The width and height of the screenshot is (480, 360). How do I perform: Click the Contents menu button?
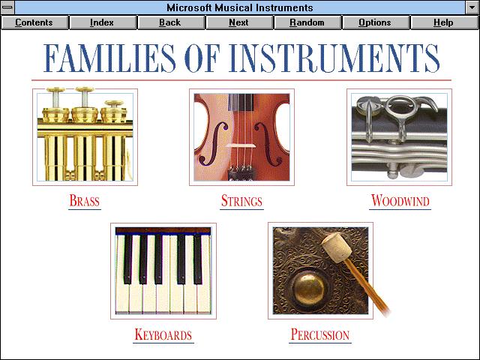[34, 22]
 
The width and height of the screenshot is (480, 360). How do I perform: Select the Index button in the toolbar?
[103, 22]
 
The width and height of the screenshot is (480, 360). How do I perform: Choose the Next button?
[239, 22]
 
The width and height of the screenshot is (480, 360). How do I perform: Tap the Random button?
[307, 22]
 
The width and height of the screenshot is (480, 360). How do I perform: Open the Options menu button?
[376, 22]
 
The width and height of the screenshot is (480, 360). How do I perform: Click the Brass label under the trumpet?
[85, 201]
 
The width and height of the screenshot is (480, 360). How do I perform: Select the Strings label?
[241, 201]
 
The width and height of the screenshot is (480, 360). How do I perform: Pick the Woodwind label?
[400, 201]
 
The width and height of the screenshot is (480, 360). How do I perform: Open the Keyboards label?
[163, 334]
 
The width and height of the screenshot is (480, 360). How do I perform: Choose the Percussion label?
[320, 334]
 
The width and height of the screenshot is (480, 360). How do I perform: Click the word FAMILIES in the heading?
[109, 58]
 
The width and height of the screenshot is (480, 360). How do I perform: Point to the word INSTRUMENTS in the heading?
[334, 58]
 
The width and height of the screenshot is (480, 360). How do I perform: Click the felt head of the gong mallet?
[336, 248]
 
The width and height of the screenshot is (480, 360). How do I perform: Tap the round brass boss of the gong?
[308, 288]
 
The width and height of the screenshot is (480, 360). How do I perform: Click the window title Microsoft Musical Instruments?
[240, 7]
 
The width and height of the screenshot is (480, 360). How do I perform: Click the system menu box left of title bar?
[7, 7]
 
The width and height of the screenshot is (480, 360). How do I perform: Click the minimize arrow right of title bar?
[472, 7]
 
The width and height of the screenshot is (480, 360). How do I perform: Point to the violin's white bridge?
[241, 145]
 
